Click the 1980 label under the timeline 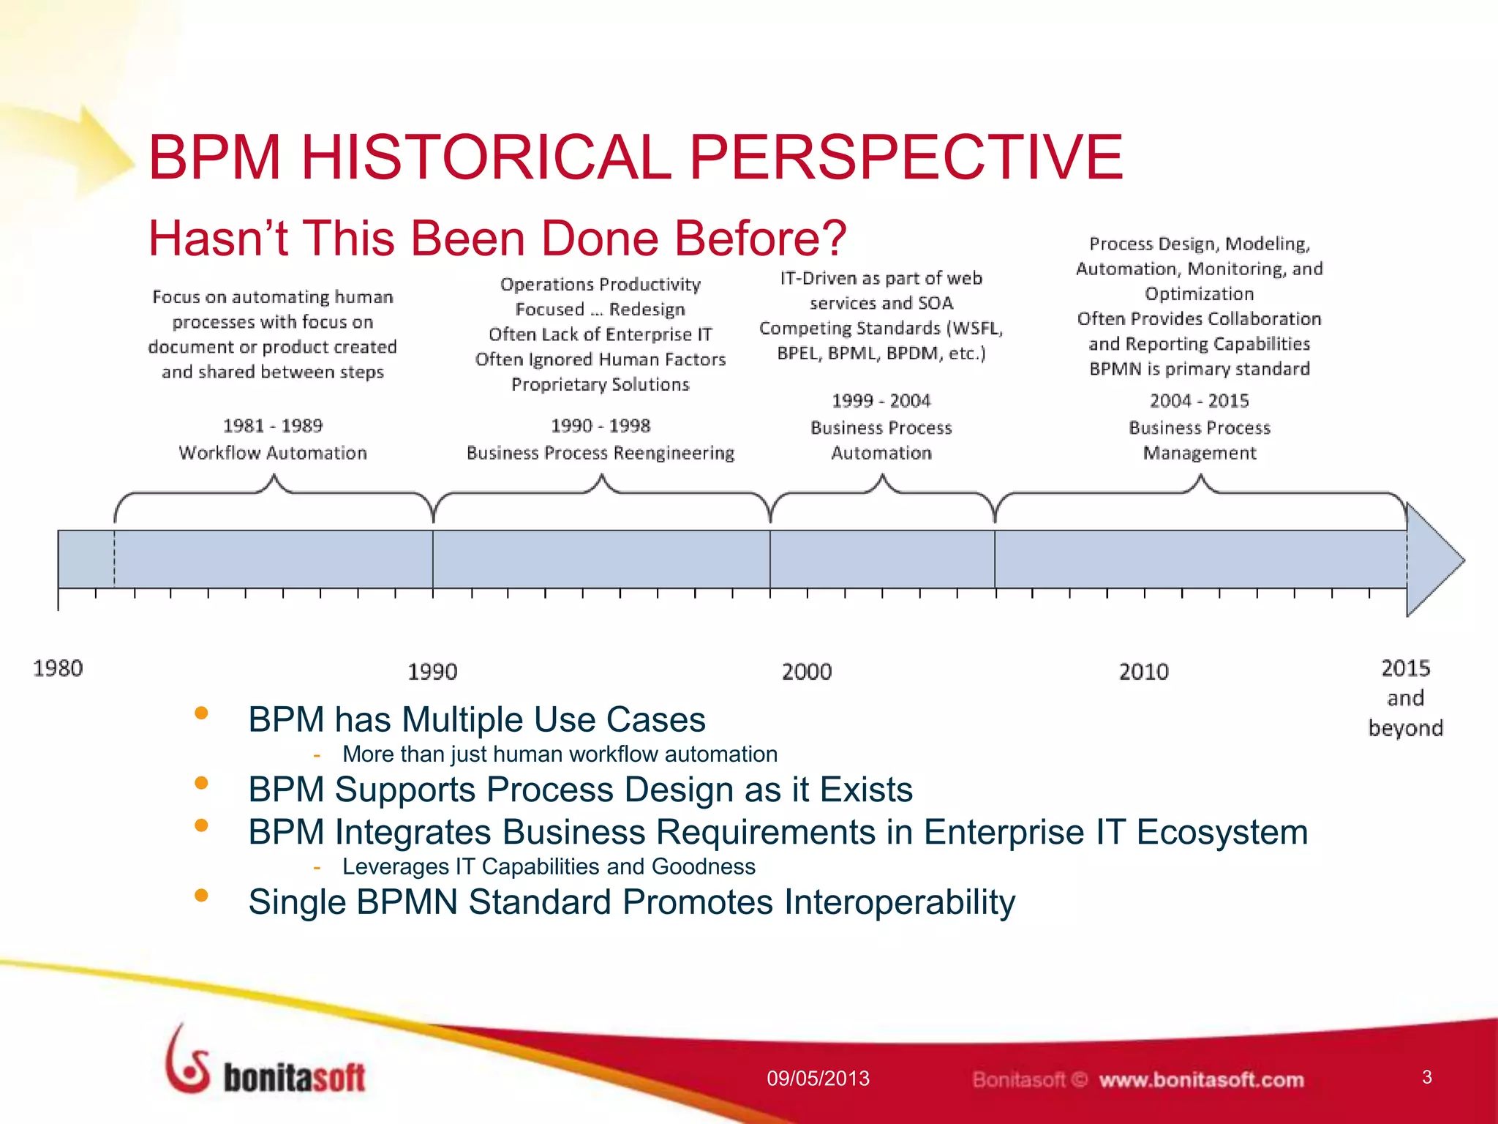pyautogui.click(x=58, y=668)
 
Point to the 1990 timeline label pyautogui.click(x=432, y=671)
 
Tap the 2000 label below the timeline pyautogui.click(x=807, y=671)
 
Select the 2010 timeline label pyautogui.click(x=1144, y=671)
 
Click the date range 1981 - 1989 pyautogui.click(x=272, y=426)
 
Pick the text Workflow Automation pyautogui.click(x=272, y=453)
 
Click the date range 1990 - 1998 pyautogui.click(x=600, y=426)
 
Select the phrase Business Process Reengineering pyautogui.click(x=600, y=453)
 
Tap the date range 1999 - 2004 pyautogui.click(x=881, y=401)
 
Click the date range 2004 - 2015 pyautogui.click(x=1199, y=401)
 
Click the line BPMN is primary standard pyautogui.click(x=1199, y=369)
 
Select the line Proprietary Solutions pyautogui.click(x=600, y=384)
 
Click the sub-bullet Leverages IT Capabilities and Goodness pyautogui.click(x=549, y=866)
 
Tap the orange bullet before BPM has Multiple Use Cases pyautogui.click(x=202, y=713)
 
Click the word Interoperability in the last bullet pyautogui.click(x=899, y=902)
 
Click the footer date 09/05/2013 pyautogui.click(x=818, y=1079)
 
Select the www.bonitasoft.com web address pyautogui.click(x=1201, y=1080)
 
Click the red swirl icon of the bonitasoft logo pyautogui.click(x=187, y=1061)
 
